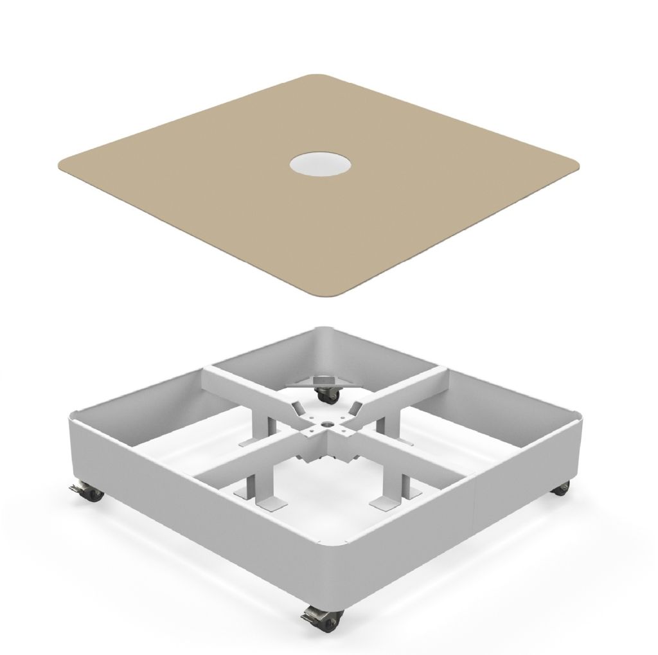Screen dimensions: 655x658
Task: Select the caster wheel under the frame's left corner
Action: pyautogui.click(x=90, y=493)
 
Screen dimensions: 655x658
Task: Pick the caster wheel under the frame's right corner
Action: pyautogui.click(x=561, y=488)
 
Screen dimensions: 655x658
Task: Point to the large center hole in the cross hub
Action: pyautogui.click(x=325, y=424)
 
